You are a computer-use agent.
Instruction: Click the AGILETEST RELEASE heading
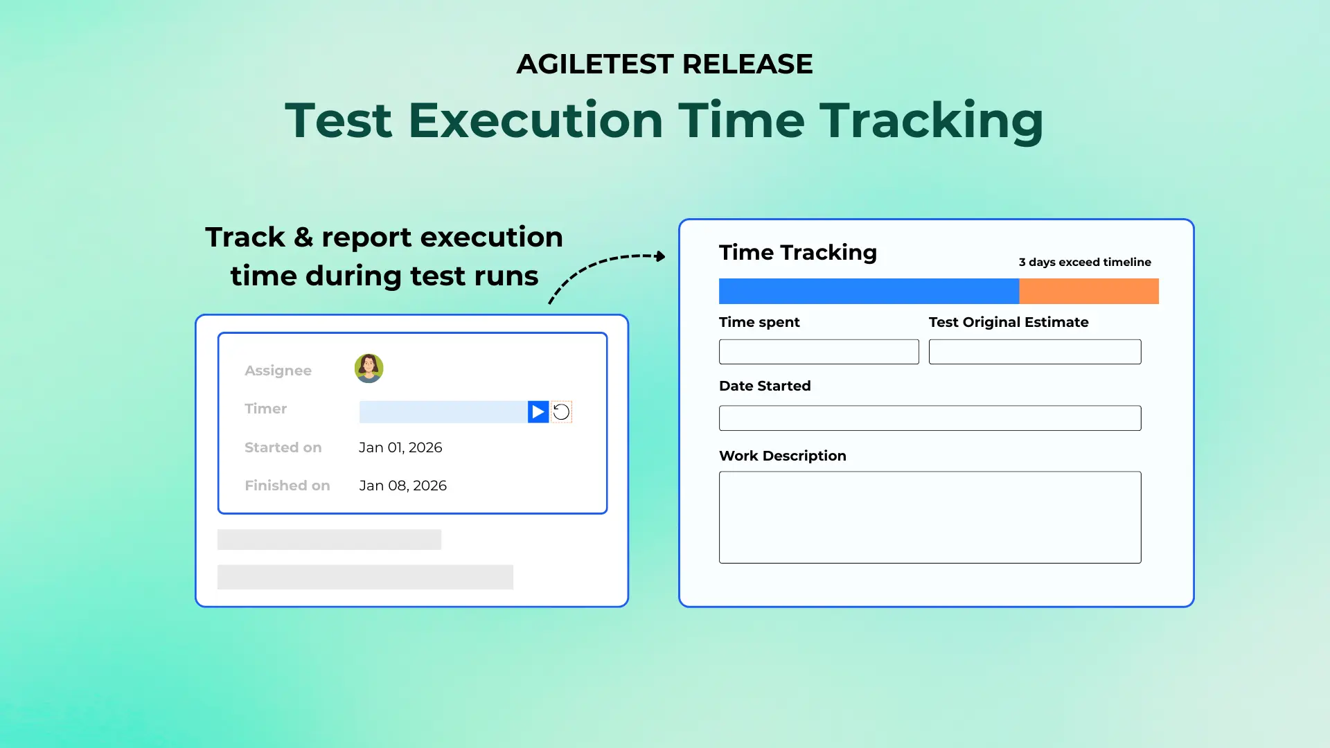pyautogui.click(x=664, y=64)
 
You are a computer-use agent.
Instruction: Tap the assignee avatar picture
pyautogui.click(x=369, y=368)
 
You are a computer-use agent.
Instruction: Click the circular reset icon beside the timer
pyautogui.click(x=561, y=412)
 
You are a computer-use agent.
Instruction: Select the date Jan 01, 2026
pyautogui.click(x=400, y=447)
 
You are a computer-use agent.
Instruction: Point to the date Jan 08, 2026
pyautogui.click(x=402, y=486)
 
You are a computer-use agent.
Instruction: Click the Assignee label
pyautogui.click(x=278, y=371)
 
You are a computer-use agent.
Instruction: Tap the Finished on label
pyautogui.click(x=287, y=486)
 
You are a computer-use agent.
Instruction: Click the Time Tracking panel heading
pyautogui.click(x=797, y=252)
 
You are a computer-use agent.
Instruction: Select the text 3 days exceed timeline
pyautogui.click(x=1084, y=262)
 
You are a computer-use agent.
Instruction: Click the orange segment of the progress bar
pyautogui.click(x=1088, y=291)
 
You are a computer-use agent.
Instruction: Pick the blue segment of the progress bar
pyautogui.click(x=869, y=291)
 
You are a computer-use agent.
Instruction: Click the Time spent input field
pyautogui.click(x=819, y=352)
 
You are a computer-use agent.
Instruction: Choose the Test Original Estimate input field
pyautogui.click(x=1034, y=352)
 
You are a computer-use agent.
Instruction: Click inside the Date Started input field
pyautogui.click(x=930, y=418)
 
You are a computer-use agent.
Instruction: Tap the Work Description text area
pyautogui.click(x=930, y=517)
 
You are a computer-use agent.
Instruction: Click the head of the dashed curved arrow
pyautogui.click(x=661, y=256)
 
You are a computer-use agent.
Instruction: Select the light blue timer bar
pyautogui.click(x=443, y=412)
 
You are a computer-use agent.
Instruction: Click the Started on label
pyautogui.click(x=283, y=447)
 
